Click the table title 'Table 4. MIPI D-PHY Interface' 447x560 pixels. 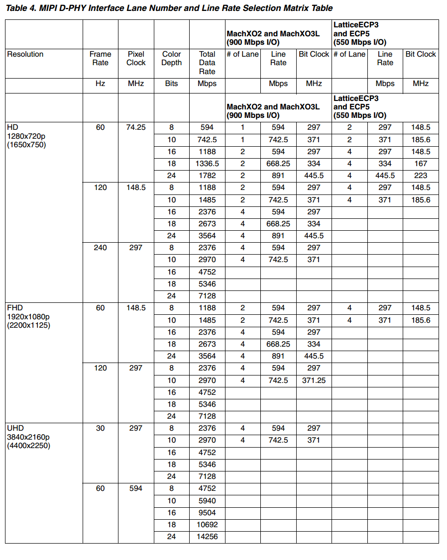tap(169, 8)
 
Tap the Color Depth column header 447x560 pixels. tap(172, 59)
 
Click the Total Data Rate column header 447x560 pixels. tap(207, 63)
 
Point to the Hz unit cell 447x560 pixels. tap(100, 84)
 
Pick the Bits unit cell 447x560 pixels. tap(172, 84)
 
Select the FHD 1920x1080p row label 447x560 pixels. tap(28, 317)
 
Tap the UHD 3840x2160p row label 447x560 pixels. tap(28, 437)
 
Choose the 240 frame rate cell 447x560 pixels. tap(100, 248)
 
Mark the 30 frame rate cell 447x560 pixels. tap(100, 428)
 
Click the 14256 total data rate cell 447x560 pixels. tap(207, 537)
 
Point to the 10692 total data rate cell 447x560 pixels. tap(207, 525)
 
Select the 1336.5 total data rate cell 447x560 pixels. tap(207, 164)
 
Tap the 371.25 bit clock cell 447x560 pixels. tap(314, 380)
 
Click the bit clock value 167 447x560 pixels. tap(421, 164)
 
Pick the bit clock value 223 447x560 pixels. tap(421, 176)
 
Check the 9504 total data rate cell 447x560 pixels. tap(207, 513)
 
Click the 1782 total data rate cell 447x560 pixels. tap(207, 176)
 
